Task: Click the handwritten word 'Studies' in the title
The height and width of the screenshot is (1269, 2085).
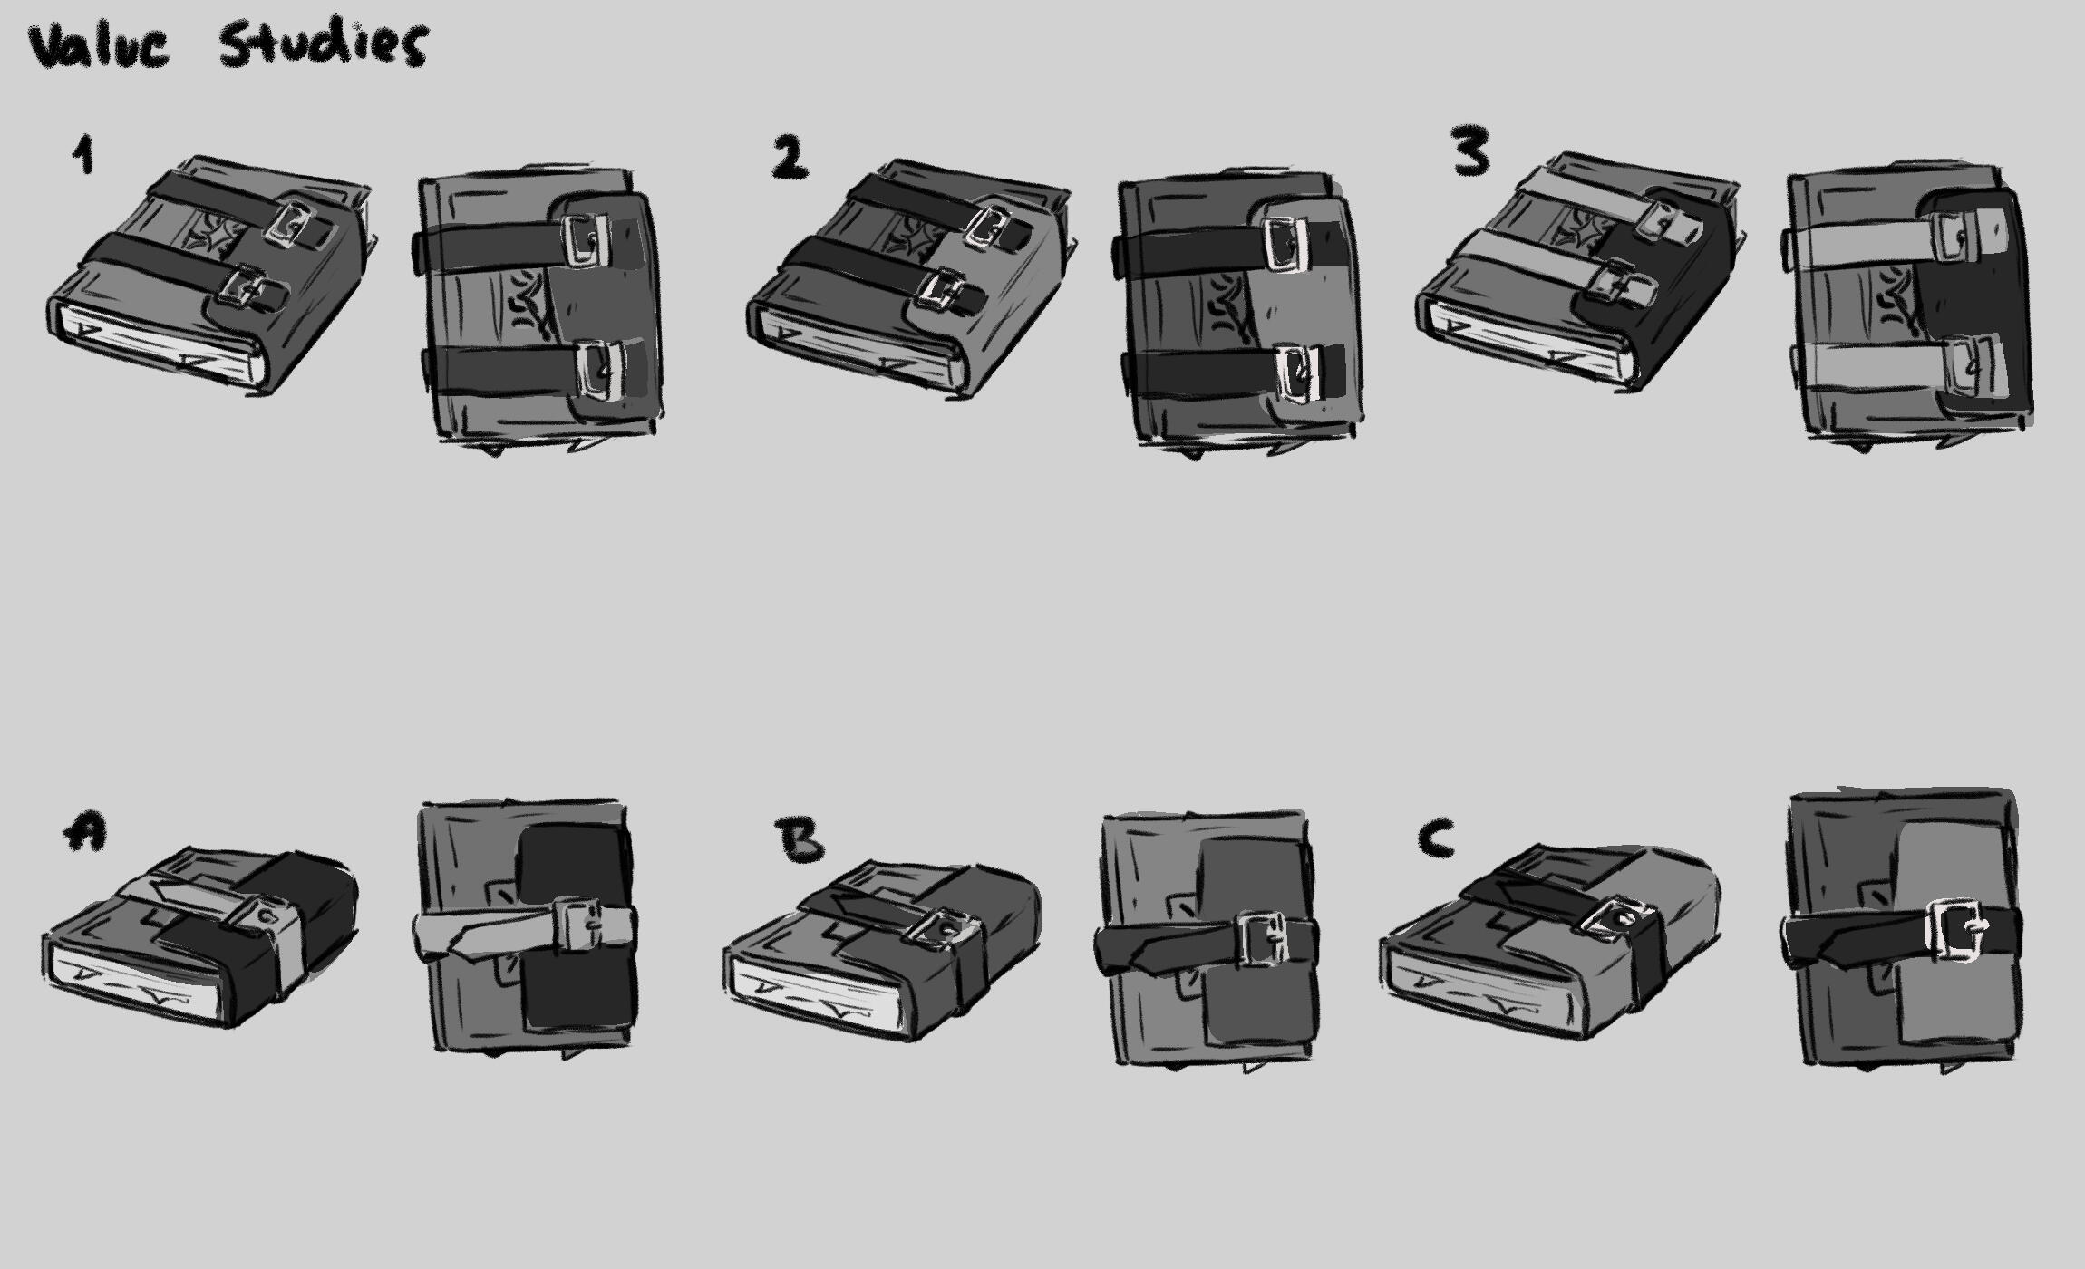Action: coord(322,45)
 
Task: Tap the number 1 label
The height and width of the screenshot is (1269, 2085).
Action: coord(83,154)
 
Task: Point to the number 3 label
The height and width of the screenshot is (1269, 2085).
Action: coord(1470,150)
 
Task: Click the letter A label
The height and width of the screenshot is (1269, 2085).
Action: coord(85,830)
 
